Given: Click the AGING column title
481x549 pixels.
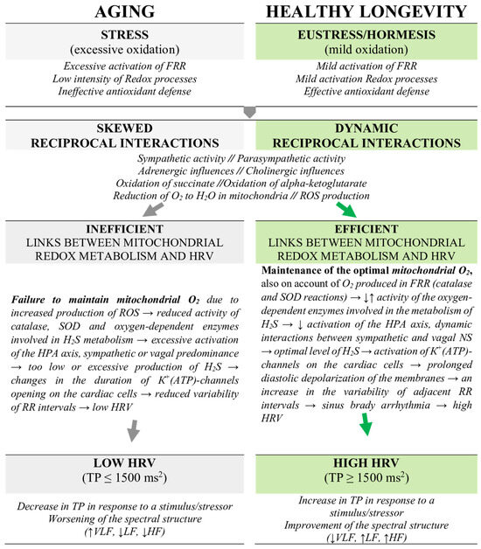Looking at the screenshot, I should pos(120,13).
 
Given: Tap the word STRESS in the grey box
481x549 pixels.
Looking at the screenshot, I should pos(120,37).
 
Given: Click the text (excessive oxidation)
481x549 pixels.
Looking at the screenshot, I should pos(120,51).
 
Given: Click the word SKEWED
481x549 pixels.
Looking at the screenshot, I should pos(120,125).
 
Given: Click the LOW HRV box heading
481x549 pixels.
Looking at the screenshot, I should pos(120,464).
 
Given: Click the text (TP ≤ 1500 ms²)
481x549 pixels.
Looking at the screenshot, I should pos(120,480).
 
